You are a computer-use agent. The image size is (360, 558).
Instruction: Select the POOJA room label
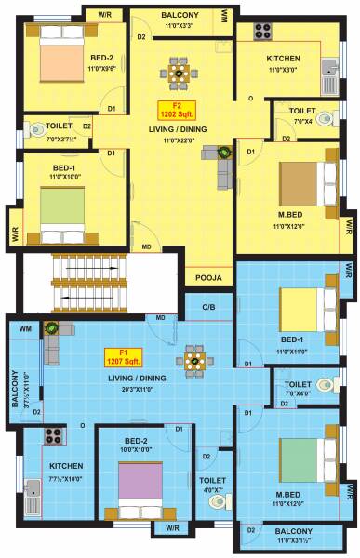207,276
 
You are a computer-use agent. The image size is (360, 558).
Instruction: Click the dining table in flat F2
177,69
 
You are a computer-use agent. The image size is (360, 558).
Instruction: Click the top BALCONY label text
179,17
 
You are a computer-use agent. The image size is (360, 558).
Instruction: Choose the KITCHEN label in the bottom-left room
67,465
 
